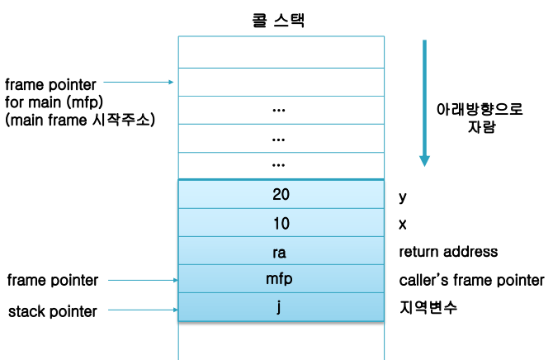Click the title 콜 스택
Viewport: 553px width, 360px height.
278,21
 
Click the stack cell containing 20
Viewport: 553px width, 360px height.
281,195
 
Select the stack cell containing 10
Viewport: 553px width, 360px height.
281,223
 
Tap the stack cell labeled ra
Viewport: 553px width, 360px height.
281,251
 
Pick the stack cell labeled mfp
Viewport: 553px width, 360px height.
281,279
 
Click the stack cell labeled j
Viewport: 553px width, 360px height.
281,307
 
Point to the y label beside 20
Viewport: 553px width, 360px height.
403,197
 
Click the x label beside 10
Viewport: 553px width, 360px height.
402,224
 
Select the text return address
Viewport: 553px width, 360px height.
448,251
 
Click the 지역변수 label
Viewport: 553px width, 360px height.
428,308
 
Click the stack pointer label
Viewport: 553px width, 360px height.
52,311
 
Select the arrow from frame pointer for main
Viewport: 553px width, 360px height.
139,82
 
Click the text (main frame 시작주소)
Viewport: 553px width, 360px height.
79,120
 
